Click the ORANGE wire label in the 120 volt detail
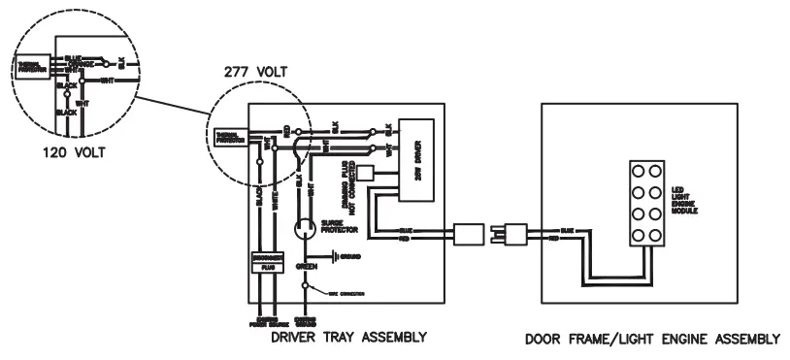(x=81, y=64)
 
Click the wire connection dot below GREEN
(x=308, y=285)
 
